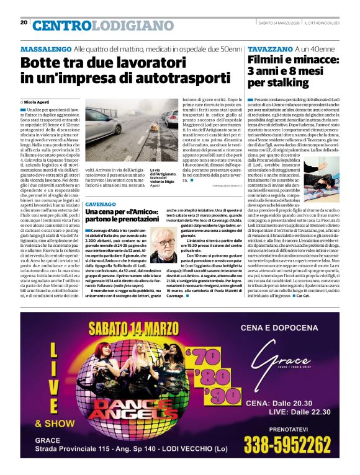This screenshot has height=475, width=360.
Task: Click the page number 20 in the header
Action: coord(24,22)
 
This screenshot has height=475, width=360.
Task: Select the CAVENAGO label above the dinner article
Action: coord(100,205)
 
